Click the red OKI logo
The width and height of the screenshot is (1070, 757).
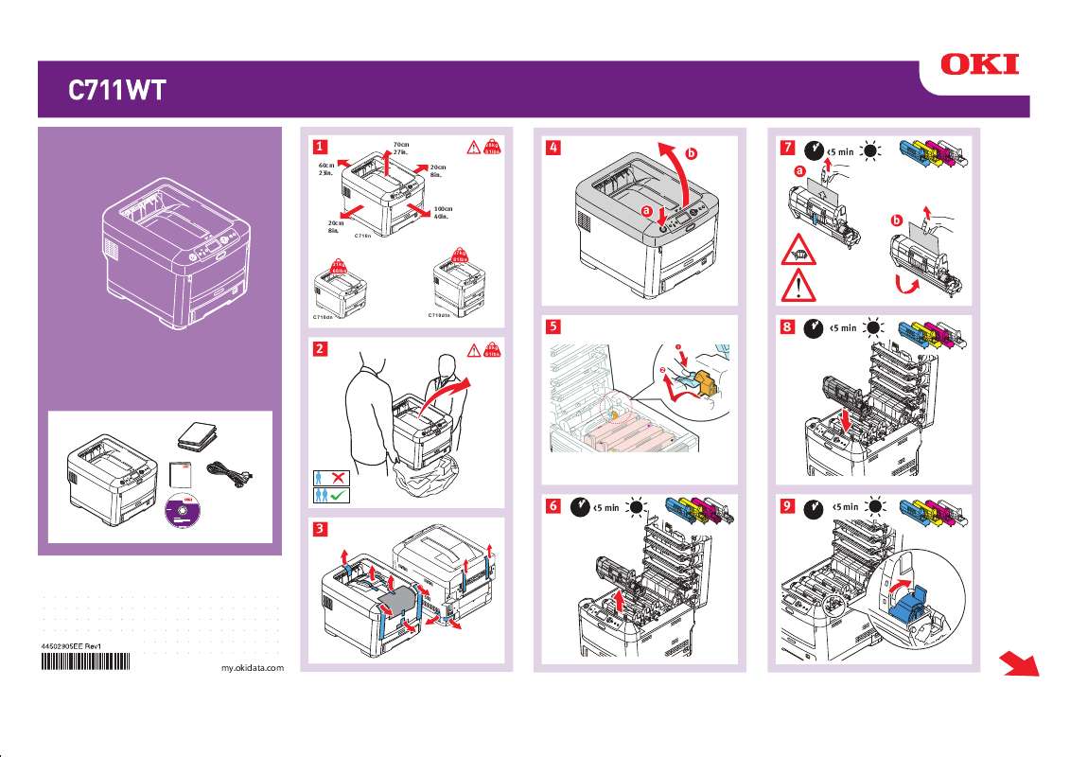[x=979, y=64]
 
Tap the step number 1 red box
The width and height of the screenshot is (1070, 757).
[x=322, y=147]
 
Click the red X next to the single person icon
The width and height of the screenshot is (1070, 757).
[x=338, y=477]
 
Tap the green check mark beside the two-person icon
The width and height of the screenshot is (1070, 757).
[x=338, y=494]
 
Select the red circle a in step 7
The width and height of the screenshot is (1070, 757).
[x=800, y=171]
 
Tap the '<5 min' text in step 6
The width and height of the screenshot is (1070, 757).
[x=605, y=508]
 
